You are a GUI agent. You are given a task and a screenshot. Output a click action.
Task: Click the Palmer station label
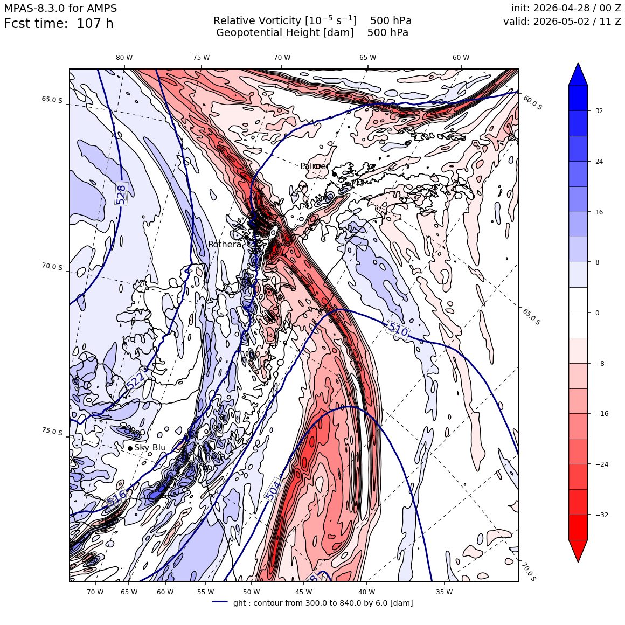click(315, 166)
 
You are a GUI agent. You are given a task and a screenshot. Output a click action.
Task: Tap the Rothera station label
click(225, 244)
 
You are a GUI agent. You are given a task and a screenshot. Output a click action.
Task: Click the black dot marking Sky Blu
click(130, 448)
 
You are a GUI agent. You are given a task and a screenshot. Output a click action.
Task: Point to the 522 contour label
click(136, 380)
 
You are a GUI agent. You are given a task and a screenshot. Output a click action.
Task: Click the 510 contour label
click(398, 330)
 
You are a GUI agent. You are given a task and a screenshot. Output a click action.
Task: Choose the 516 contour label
click(116, 497)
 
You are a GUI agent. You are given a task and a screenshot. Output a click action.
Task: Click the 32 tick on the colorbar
click(599, 111)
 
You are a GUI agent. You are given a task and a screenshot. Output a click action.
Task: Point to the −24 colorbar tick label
click(602, 464)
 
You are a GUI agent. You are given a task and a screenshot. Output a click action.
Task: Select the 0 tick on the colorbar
click(597, 313)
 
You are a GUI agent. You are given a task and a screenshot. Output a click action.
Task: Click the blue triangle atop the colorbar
click(578, 74)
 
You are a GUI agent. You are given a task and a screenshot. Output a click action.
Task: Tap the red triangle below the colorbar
click(578, 551)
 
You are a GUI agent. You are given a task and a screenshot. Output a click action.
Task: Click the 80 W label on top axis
click(124, 58)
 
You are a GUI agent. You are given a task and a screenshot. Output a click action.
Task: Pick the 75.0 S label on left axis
click(52, 431)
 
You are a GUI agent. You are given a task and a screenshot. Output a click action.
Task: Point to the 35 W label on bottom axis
click(444, 592)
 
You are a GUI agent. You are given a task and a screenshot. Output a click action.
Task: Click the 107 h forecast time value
click(95, 24)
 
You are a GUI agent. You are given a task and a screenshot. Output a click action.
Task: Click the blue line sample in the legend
click(220, 602)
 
